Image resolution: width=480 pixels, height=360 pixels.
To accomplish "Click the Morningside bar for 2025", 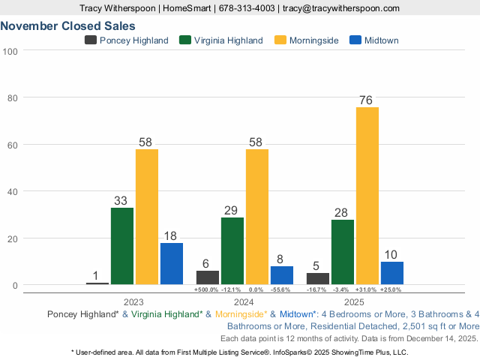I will [x=367, y=196].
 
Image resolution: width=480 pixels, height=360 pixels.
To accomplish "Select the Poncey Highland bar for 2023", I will [x=97, y=283].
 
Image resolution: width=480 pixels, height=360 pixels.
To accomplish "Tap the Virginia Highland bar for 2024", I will [x=232, y=250].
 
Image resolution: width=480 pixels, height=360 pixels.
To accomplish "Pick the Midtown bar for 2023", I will [x=172, y=263].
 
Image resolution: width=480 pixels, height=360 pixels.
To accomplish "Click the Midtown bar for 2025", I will [x=392, y=273].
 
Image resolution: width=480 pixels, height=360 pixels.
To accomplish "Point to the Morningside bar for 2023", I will [x=147, y=217].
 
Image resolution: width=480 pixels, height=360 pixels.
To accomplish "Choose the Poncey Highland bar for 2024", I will [x=208, y=277].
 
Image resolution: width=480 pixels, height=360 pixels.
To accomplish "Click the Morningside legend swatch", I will [x=281, y=40].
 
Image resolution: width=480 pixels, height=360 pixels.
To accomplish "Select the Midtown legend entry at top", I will [x=381, y=40].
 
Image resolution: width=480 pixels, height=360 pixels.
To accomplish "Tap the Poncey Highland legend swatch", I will [x=91, y=40].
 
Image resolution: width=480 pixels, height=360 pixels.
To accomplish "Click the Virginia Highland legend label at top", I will [x=228, y=40].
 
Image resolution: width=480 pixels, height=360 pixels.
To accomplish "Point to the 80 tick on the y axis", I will [x=11, y=97].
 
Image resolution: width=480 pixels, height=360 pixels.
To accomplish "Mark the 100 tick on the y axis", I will [x=10, y=51].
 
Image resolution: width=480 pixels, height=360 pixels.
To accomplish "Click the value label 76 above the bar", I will [x=367, y=100].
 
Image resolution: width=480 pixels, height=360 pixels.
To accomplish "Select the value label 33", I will [x=122, y=201].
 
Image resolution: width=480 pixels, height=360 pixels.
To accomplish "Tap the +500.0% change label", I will [x=206, y=289].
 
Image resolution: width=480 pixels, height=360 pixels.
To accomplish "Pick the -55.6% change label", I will [x=282, y=289].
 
